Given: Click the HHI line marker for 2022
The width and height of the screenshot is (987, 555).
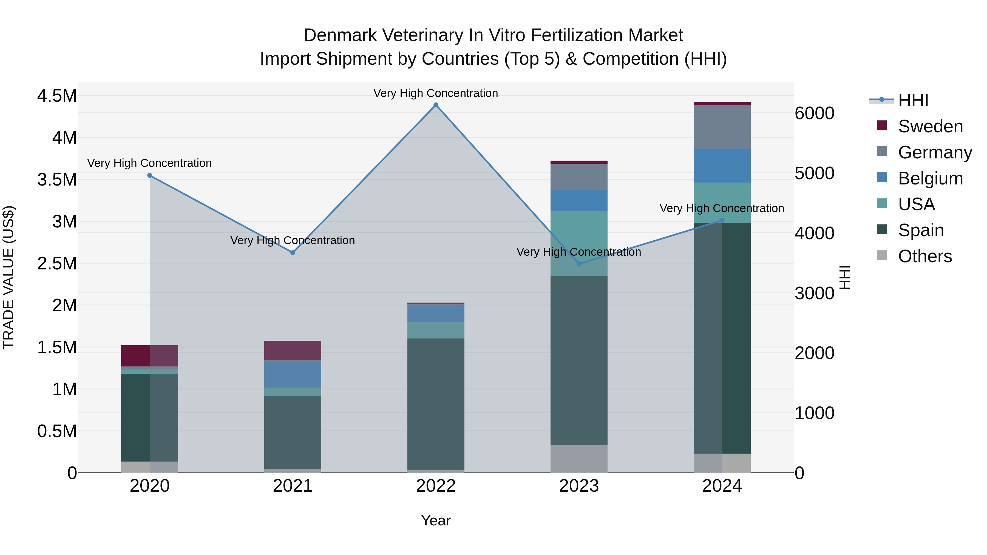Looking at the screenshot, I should (x=436, y=105).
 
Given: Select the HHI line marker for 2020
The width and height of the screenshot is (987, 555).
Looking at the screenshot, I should (x=150, y=175).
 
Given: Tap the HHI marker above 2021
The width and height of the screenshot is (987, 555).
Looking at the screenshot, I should (x=293, y=253).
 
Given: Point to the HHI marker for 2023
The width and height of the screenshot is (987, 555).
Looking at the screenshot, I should (x=579, y=264).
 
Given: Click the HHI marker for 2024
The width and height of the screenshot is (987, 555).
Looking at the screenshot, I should (x=722, y=220).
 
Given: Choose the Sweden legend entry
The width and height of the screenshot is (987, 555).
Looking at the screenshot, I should (x=930, y=126).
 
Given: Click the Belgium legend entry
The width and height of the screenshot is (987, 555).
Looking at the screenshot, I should (x=930, y=178).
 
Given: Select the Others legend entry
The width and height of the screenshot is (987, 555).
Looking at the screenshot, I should (x=924, y=256).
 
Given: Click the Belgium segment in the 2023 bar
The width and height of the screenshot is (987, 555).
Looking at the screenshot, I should (x=579, y=201).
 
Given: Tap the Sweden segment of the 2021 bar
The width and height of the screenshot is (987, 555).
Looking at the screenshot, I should (x=293, y=350).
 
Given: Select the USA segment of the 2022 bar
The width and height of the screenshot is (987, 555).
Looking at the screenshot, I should (x=436, y=330).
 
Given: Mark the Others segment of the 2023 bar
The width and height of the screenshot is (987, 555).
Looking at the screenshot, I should (x=579, y=459).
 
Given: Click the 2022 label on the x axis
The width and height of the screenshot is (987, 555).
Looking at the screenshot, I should (x=436, y=486).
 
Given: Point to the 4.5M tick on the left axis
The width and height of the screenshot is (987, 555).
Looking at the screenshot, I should (x=57, y=96).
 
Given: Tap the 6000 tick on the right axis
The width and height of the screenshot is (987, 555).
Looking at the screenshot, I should (x=814, y=113).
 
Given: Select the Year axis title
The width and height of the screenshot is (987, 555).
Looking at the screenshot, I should (x=436, y=520).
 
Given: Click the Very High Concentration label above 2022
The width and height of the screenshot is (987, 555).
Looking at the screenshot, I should (x=436, y=93).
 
